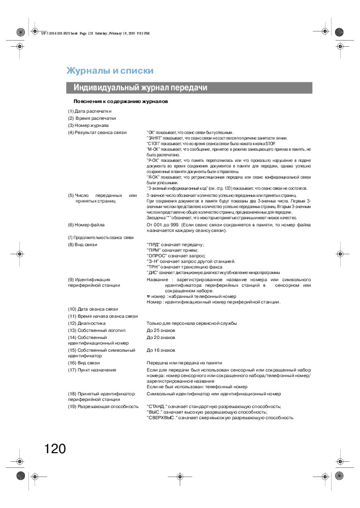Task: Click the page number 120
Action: click(x=55, y=449)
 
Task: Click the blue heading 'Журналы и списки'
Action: click(x=110, y=71)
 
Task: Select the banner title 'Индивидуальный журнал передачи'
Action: click(x=140, y=88)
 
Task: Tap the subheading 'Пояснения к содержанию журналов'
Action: click(x=120, y=101)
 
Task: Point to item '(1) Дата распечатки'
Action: click(x=90, y=111)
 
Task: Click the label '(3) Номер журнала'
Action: click(x=88, y=125)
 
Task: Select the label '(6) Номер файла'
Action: click(x=87, y=224)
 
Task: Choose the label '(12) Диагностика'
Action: click(x=87, y=323)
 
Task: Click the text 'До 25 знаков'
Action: click(x=161, y=330)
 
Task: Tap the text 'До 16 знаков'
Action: click(x=161, y=350)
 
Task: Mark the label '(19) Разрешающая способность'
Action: click(x=103, y=407)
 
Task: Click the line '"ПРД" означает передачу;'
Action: click(x=175, y=245)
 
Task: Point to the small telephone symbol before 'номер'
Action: click(x=148, y=296)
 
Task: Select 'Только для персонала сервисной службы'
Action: click(x=191, y=323)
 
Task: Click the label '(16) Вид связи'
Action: click(x=84, y=363)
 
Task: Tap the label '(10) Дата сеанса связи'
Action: click(x=93, y=309)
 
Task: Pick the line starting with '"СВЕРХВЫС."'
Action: click(x=220, y=418)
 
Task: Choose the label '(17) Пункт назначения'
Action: click(x=92, y=370)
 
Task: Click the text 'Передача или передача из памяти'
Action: click(x=184, y=363)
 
